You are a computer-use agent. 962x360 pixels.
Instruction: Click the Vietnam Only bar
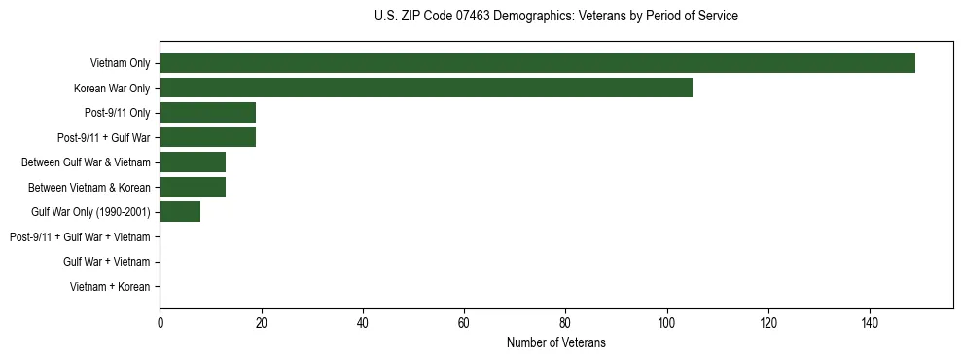[537, 63]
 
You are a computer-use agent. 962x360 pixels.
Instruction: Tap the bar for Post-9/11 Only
[207, 113]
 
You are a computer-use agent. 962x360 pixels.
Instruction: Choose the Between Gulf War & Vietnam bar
[193, 162]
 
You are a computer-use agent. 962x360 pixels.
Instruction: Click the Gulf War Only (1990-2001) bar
[180, 212]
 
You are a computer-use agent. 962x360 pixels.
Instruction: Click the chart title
[555, 17]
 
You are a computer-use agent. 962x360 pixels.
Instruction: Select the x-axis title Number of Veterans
[555, 342]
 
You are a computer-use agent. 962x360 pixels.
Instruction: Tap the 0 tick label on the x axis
[160, 324]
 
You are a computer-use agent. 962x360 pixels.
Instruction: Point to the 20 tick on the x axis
[261, 324]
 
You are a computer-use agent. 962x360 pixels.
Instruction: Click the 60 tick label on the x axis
[464, 324]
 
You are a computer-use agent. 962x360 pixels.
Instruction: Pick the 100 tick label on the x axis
[666, 324]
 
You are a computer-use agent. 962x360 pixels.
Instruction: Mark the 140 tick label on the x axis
[870, 324]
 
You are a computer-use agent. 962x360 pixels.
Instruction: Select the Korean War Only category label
[112, 89]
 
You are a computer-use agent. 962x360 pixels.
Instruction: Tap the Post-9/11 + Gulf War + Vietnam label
[80, 237]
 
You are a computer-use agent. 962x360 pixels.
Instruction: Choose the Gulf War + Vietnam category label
[107, 262]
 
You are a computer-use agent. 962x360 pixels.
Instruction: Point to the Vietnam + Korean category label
[110, 287]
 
